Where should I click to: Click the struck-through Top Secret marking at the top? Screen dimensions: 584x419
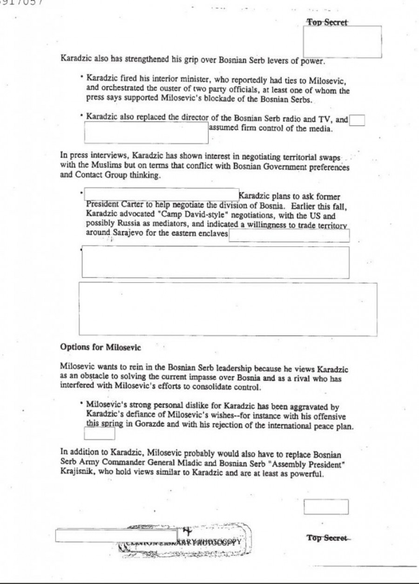pyautogui.click(x=327, y=22)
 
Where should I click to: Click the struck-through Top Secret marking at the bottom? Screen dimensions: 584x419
pyautogui.click(x=327, y=538)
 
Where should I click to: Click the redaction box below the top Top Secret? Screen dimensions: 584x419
pyautogui.click(x=342, y=42)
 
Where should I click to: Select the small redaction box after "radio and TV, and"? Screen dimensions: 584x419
pyautogui.click(x=357, y=120)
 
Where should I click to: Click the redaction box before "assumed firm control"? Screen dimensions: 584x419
pyautogui.click(x=146, y=132)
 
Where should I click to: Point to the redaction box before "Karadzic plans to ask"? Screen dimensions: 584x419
pyautogui.click(x=161, y=194)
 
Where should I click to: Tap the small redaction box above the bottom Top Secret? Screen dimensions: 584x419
pyautogui.click(x=326, y=507)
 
